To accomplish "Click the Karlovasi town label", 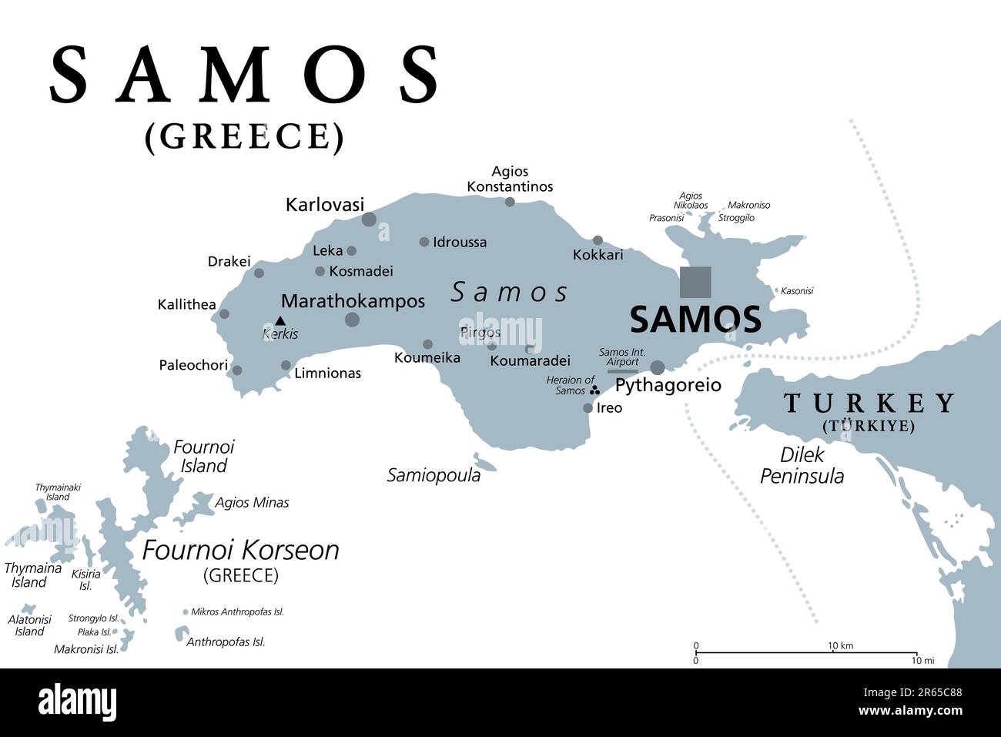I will pyautogui.click(x=324, y=205).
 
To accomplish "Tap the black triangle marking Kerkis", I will pyautogui.click(x=280, y=320).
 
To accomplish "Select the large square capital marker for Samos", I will pyautogui.click(x=695, y=282).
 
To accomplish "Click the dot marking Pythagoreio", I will pyautogui.click(x=658, y=367).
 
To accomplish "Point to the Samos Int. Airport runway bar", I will pyautogui.click(x=622, y=371).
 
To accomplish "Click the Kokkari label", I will pyautogui.click(x=598, y=255).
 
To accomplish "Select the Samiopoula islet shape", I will pyautogui.click(x=484, y=462).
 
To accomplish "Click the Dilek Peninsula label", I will pyautogui.click(x=802, y=465).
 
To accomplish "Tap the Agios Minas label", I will pyautogui.click(x=252, y=502).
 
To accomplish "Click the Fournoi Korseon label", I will pyautogui.click(x=241, y=550).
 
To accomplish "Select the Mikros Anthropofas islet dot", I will pyautogui.click(x=185, y=612).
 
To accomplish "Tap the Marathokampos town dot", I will pyautogui.click(x=352, y=320).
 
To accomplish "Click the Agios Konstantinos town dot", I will pyautogui.click(x=510, y=202).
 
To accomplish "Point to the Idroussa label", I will pyautogui.click(x=459, y=242).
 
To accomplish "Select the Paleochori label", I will pyautogui.click(x=193, y=365).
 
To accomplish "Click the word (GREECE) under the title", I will pyautogui.click(x=244, y=136).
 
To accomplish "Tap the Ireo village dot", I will pyautogui.click(x=588, y=408).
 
